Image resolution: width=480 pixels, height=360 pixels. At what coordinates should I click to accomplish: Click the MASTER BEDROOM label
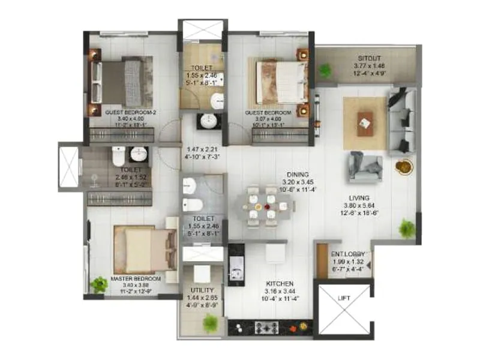tap(136, 279)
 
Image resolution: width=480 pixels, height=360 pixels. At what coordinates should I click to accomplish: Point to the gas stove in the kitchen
tap(265, 327)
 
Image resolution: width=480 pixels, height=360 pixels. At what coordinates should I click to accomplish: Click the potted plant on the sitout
tap(325, 70)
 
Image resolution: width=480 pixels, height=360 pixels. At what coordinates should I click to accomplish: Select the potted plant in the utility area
tap(209, 323)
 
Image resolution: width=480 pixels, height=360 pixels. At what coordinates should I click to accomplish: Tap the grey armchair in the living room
tap(364, 167)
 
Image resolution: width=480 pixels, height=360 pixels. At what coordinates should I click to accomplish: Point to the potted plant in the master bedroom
tap(97, 284)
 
